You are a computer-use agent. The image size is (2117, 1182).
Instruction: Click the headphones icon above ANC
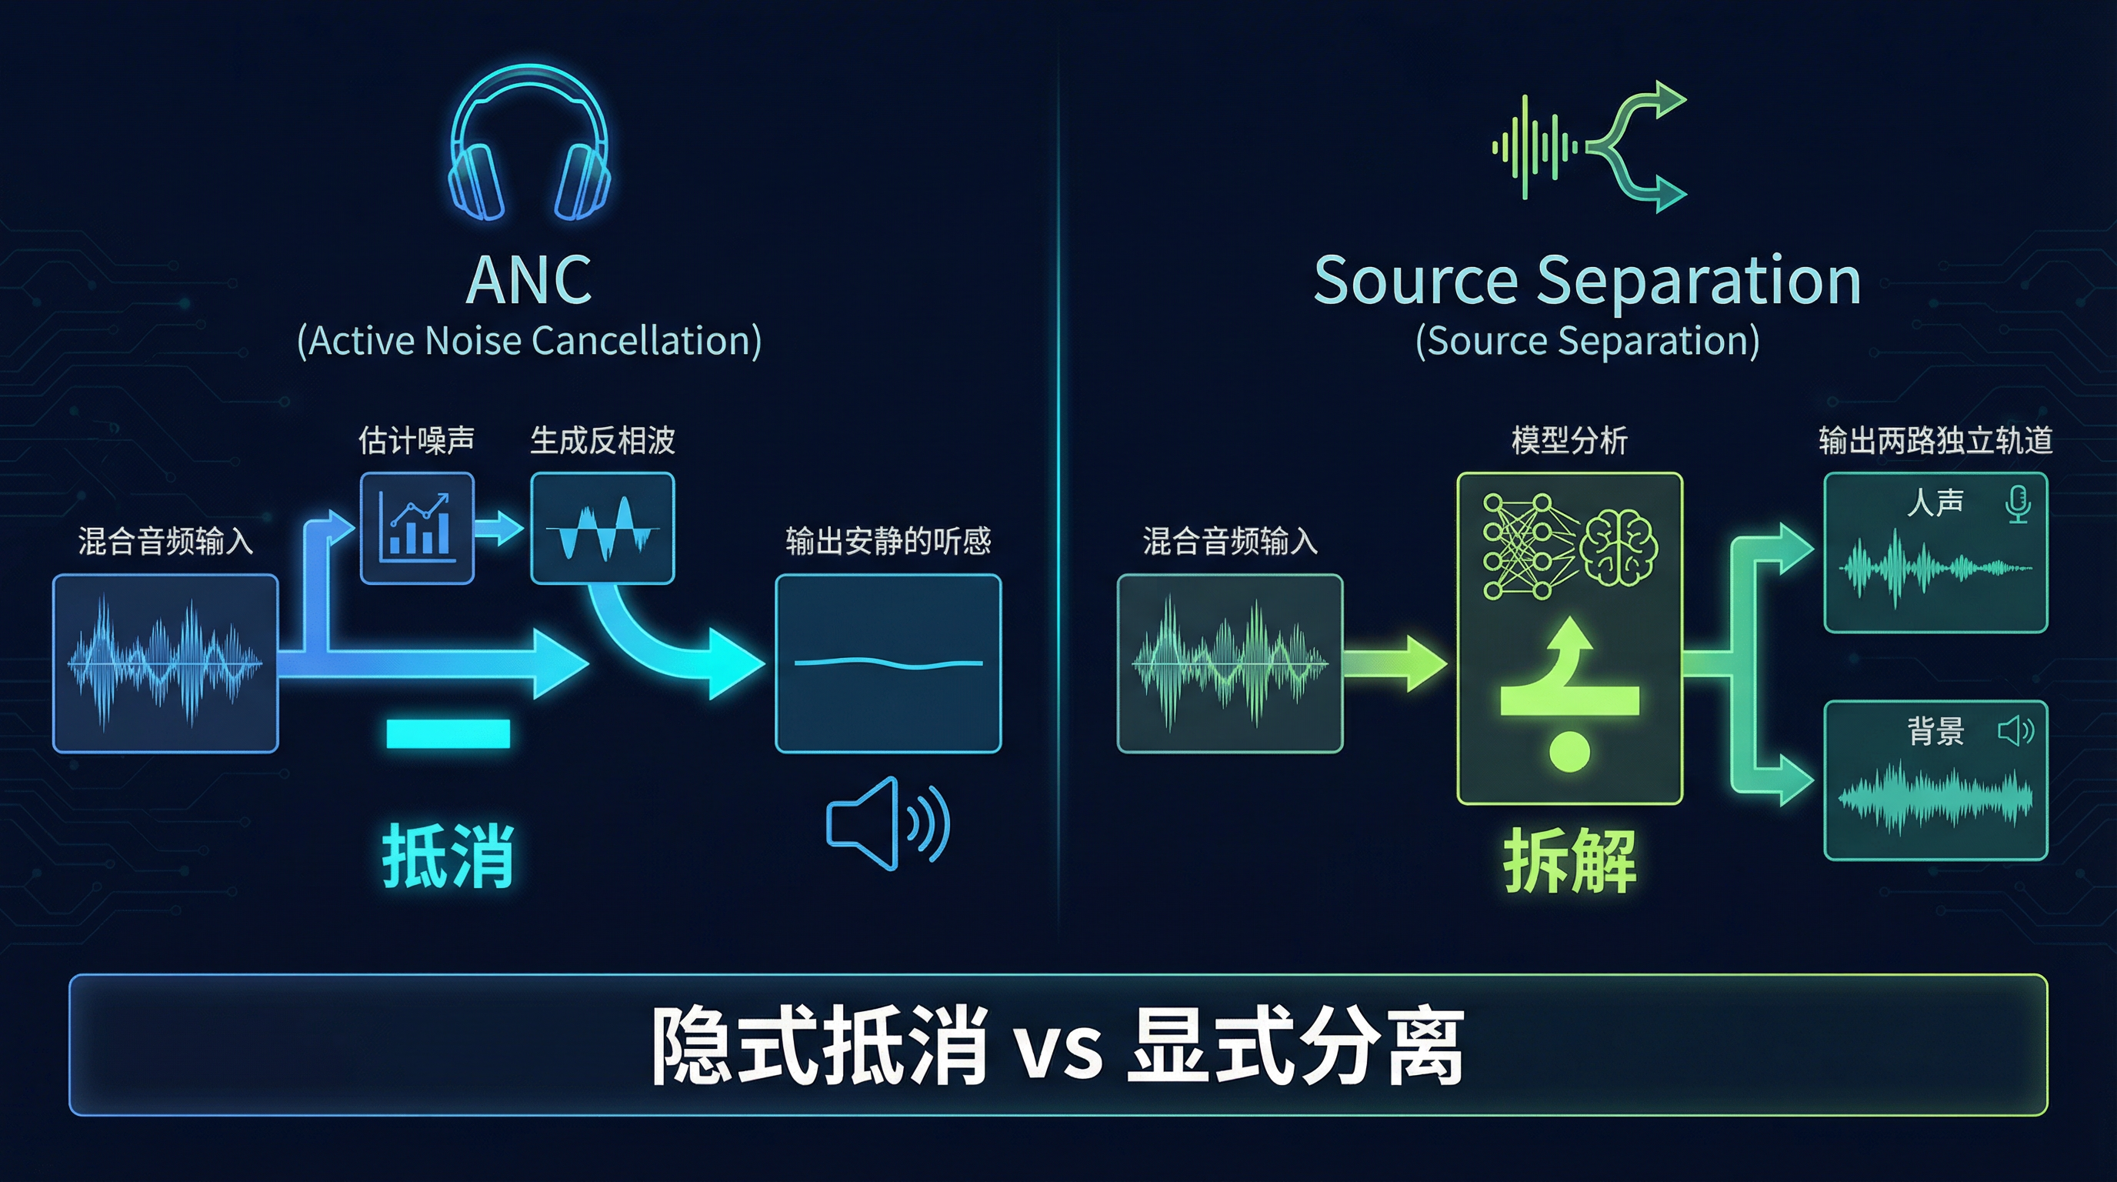[x=529, y=144]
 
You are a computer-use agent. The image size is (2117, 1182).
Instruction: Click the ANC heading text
[x=529, y=280]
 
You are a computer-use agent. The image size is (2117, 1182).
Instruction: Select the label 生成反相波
[x=602, y=441]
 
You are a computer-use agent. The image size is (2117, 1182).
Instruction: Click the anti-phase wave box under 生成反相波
[x=602, y=528]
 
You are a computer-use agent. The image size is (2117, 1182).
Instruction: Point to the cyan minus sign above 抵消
[x=448, y=733]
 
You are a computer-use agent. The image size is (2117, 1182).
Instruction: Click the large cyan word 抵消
[x=448, y=856]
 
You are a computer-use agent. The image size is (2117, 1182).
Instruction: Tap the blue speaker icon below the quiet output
[x=888, y=823]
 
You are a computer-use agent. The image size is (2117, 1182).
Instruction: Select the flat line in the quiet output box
[x=888, y=663]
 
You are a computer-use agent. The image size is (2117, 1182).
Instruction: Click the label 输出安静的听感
[x=888, y=541]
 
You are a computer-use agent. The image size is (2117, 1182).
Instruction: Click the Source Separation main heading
[x=1587, y=280]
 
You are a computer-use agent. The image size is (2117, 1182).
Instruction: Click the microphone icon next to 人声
[x=2018, y=504]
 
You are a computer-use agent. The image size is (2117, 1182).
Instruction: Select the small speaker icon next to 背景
[x=2015, y=730]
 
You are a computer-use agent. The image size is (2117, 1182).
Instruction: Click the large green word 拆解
[x=1569, y=860]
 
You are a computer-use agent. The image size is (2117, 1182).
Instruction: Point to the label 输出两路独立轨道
[x=1935, y=441]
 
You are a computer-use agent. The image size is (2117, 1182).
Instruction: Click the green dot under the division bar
[x=1569, y=750]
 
